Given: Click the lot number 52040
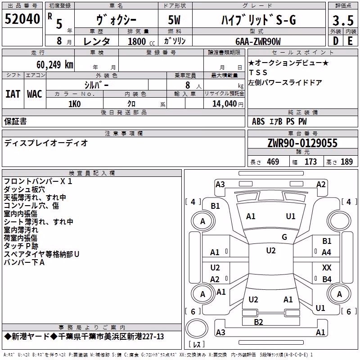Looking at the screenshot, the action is (22, 19).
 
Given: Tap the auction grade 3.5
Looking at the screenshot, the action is (343, 20).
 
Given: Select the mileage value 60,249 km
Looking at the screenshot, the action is (55, 65).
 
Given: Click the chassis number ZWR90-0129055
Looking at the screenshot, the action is (302, 143).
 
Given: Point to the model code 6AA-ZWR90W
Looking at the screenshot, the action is (258, 41).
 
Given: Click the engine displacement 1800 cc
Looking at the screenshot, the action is (141, 41).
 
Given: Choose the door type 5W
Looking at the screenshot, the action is (174, 20).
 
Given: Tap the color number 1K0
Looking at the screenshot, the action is (75, 104).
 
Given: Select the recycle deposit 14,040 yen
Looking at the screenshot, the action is (228, 104).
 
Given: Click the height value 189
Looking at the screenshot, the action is (346, 162).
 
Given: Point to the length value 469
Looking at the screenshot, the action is (273, 162).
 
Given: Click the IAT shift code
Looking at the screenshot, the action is (13, 94).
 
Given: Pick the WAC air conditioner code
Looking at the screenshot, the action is (35, 94).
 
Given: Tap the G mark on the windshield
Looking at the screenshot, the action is (284, 237).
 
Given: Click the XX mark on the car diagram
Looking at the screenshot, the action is (327, 267).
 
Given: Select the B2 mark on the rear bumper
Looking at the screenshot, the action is (258, 322).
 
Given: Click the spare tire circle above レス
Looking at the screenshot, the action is (197, 328).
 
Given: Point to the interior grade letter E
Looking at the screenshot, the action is (350, 41).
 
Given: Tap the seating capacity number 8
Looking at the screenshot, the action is (188, 85).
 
